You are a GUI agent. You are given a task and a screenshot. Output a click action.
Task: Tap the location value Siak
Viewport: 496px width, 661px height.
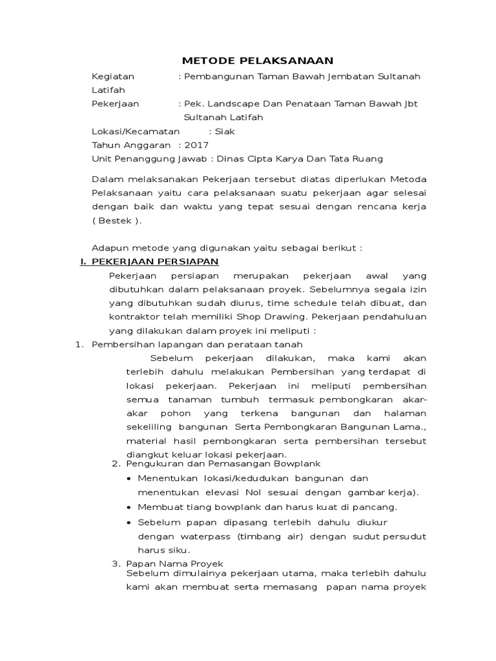225,131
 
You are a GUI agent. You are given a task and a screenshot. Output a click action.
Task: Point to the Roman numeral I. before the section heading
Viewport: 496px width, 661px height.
83,261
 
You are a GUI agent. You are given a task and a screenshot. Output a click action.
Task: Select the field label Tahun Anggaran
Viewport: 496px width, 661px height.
131,145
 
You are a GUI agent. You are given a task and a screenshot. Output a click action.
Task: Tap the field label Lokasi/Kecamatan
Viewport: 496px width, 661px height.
136,131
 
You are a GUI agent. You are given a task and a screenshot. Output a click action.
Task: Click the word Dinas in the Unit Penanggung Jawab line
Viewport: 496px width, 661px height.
231,159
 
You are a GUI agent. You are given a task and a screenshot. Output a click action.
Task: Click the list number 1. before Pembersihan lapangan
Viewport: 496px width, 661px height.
80,345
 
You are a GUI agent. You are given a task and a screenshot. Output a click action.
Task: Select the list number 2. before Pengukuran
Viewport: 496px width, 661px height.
116,463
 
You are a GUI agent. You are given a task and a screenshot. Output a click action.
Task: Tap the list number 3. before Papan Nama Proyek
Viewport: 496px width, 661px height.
116,564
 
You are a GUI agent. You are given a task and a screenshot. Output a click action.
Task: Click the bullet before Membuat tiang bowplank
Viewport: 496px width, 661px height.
130,508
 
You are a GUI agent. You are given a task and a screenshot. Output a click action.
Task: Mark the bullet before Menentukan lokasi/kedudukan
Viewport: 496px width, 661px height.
130,479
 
